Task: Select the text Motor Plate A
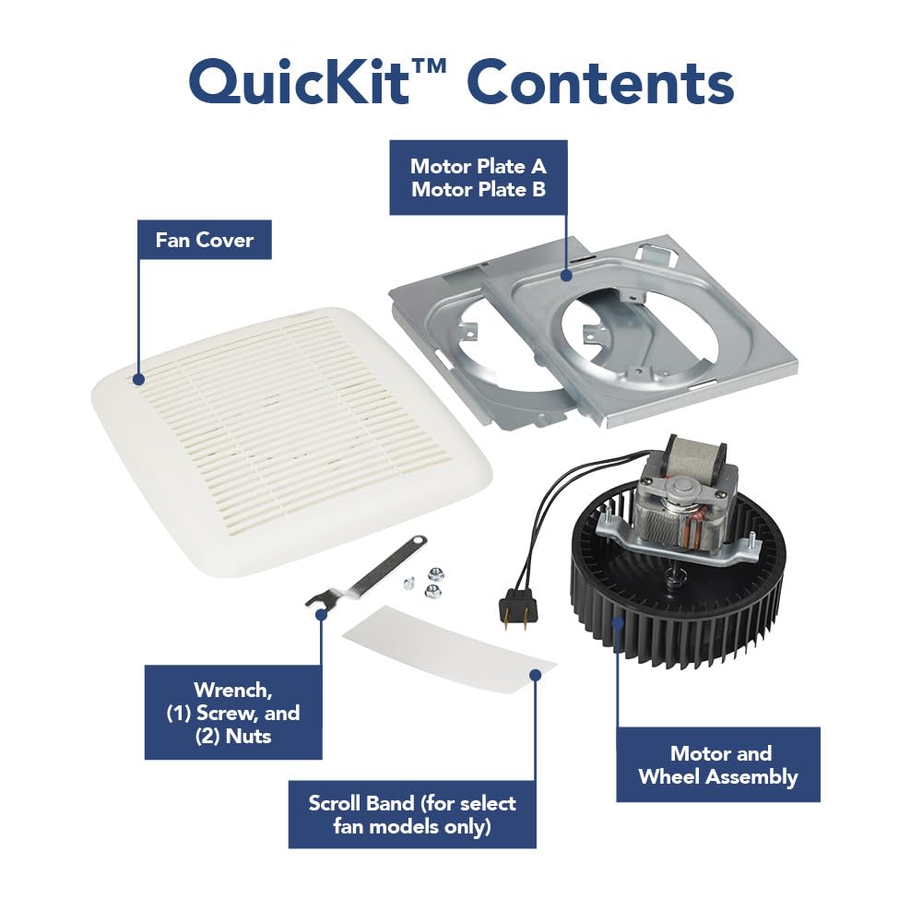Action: tap(478, 167)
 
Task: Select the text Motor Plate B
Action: tap(478, 190)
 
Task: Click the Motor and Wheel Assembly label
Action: tap(718, 765)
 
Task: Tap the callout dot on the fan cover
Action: tap(138, 378)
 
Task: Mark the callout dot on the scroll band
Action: tap(535, 674)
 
